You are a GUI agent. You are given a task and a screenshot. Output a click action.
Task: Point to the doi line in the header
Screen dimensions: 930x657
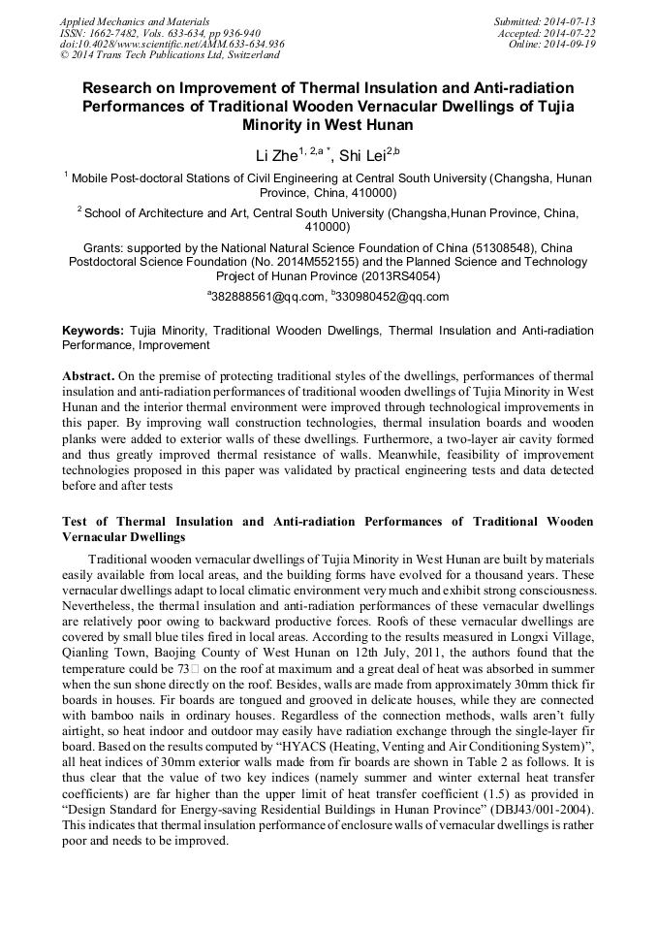[x=172, y=45]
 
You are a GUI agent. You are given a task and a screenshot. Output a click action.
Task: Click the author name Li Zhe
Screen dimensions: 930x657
[x=276, y=155]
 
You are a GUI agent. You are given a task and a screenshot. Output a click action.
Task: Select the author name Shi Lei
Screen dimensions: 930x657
[x=364, y=155]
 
